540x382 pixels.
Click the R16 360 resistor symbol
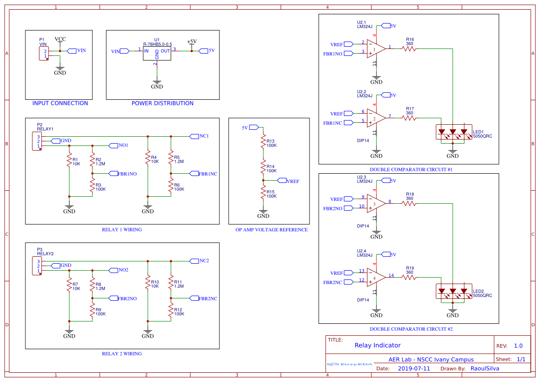pos(409,49)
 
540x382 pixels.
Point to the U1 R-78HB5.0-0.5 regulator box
pos(157,51)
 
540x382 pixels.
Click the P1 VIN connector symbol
pos(43,54)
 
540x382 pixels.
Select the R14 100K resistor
pos(263,166)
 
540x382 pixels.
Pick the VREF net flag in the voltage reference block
pos(292,181)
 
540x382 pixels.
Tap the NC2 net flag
pos(204,261)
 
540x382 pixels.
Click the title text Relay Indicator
pos(377,345)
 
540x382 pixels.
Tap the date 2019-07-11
pos(414,369)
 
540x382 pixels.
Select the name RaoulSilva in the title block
pos(485,369)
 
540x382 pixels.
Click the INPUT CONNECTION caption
pos(60,103)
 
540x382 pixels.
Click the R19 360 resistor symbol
pos(409,278)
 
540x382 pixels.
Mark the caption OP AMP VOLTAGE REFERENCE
pos(271,230)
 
